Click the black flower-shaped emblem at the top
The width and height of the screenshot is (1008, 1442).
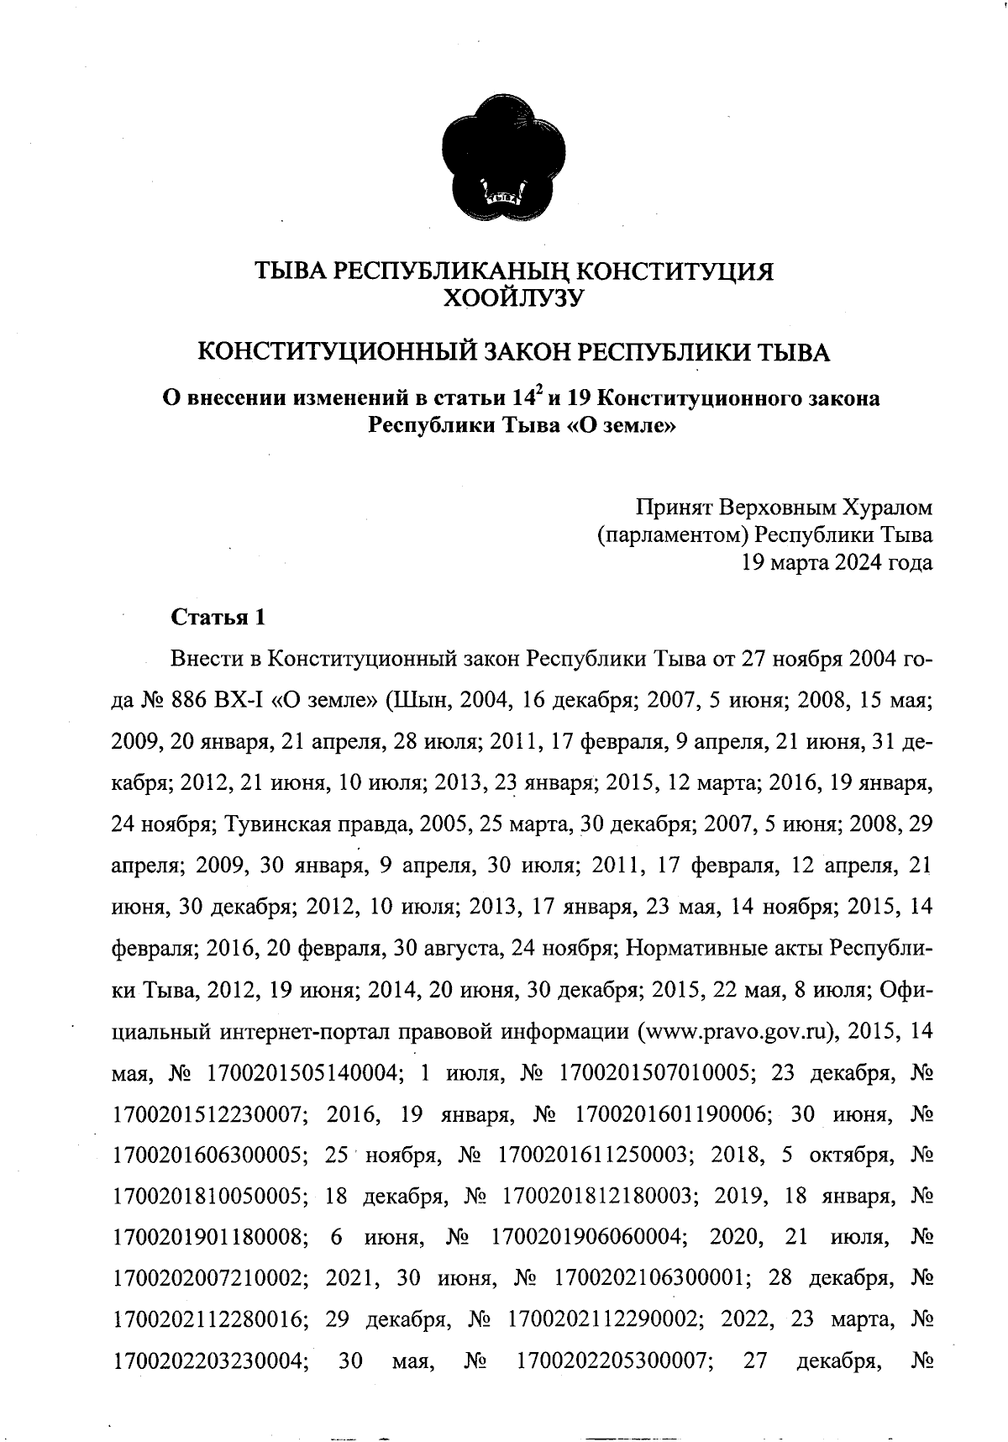click(x=503, y=160)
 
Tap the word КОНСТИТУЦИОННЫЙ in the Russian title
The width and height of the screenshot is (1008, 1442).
click(x=326, y=351)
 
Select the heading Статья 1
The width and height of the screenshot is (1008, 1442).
click(x=218, y=618)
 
